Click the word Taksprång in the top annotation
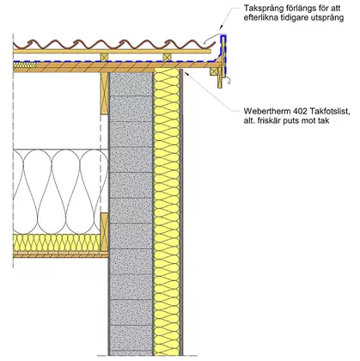[260, 9]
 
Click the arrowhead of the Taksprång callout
[220, 28]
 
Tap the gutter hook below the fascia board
[229, 81]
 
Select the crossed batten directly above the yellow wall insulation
[168, 57]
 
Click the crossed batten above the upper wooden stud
[105, 57]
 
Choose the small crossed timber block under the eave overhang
[214, 71]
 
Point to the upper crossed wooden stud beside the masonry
[104, 94]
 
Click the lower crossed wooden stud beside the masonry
[104, 231]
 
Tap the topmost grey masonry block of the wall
[131, 83]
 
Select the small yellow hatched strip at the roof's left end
[25, 64]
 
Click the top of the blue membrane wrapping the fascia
[223, 37]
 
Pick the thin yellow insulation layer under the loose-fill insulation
[57, 243]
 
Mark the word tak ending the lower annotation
[323, 120]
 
